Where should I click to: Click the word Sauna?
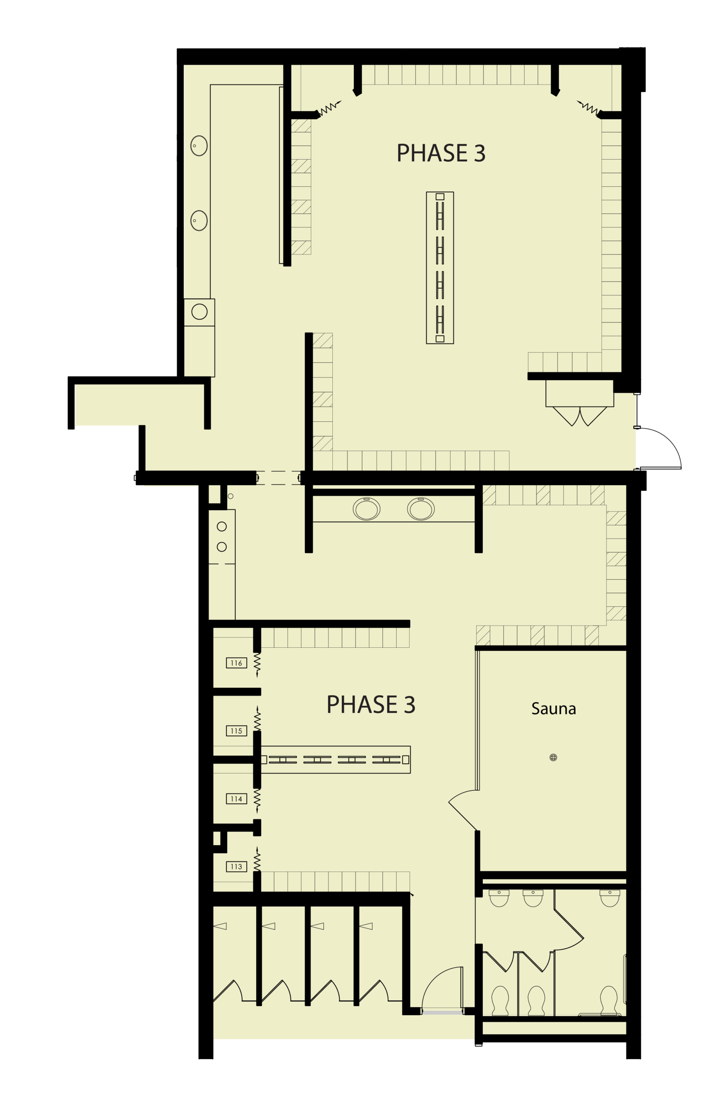pyautogui.click(x=554, y=709)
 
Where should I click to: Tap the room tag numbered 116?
pyautogui.click(x=236, y=663)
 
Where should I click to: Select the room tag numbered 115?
pyautogui.click(x=236, y=731)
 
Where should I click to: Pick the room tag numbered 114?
pyautogui.click(x=236, y=799)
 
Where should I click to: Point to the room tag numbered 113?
pyautogui.click(x=236, y=866)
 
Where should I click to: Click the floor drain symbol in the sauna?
pyautogui.click(x=554, y=757)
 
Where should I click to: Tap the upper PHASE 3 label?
pyautogui.click(x=441, y=153)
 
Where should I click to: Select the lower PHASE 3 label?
pyautogui.click(x=370, y=705)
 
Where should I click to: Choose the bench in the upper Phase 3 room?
pyautogui.click(x=440, y=268)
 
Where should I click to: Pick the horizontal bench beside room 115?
pyautogui.click(x=335, y=760)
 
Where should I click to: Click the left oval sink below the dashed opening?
pyautogui.click(x=366, y=509)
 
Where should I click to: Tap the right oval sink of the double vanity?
pyautogui.click(x=420, y=509)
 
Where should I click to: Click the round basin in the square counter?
pyautogui.click(x=200, y=312)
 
